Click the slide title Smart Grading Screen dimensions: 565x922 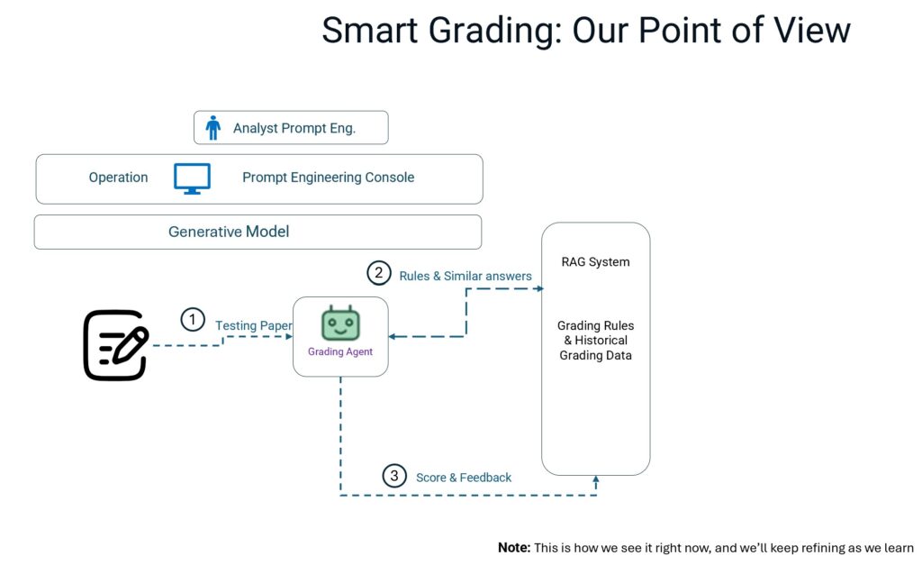[585, 31]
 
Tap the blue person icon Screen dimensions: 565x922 [212, 128]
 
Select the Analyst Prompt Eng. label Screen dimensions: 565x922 [294, 128]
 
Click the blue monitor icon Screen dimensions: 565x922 [192, 178]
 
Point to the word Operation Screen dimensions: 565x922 [118, 178]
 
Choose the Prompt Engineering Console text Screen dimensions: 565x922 [328, 178]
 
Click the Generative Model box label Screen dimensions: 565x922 [229, 232]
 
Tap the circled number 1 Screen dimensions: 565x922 [192, 319]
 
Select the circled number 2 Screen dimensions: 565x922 [378, 272]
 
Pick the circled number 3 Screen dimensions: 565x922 [393, 476]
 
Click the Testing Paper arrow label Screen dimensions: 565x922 [253, 325]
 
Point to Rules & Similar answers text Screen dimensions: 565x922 [466, 276]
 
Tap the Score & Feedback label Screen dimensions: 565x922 [463, 478]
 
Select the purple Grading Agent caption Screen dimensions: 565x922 [340, 351]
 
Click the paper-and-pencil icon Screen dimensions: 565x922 [115, 344]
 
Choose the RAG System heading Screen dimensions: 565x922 [595, 262]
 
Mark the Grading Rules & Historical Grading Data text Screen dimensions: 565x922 [595, 340]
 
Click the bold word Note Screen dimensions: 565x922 [514, 547]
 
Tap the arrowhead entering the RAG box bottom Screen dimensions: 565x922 [596, 481]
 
